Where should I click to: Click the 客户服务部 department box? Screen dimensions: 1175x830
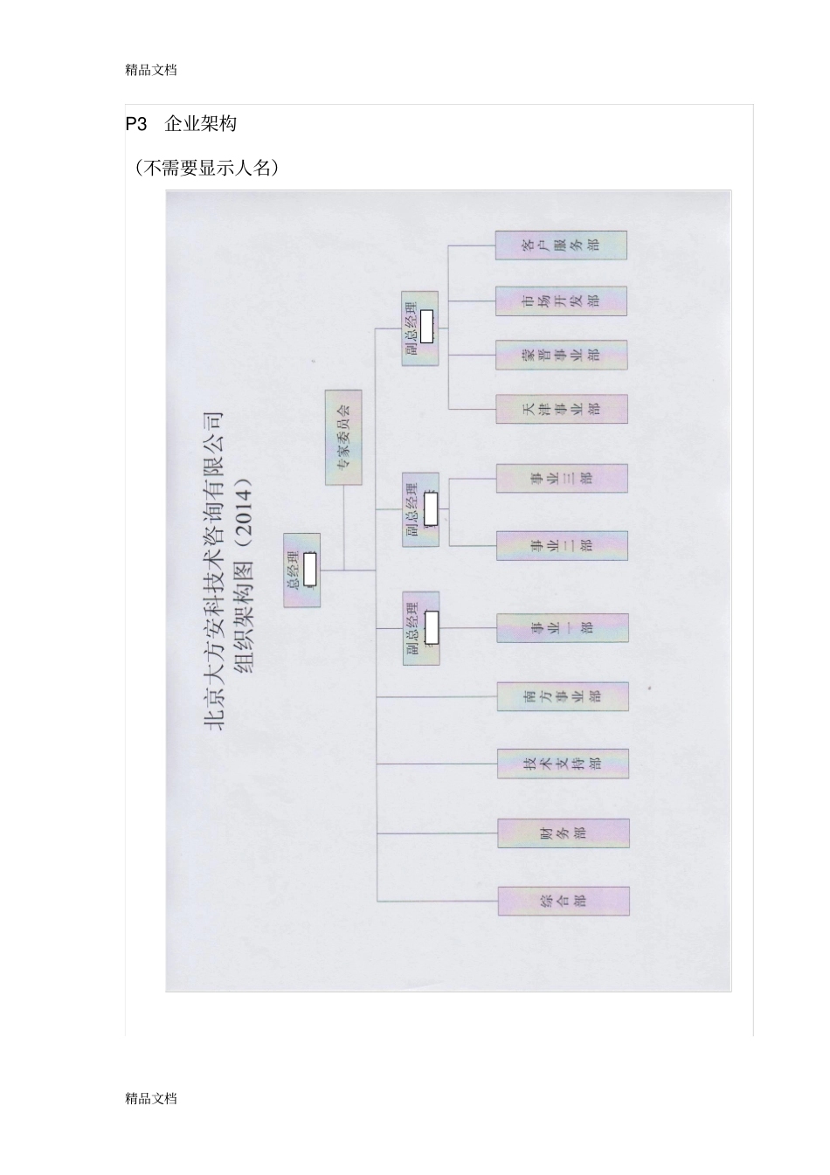pos(561,245)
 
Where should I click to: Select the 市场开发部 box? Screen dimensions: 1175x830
pos(561,301)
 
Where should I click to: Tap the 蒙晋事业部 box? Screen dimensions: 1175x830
pos(561,355)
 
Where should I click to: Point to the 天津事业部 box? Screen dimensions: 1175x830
pos(561,409)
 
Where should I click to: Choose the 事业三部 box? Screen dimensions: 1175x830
pos(562,478)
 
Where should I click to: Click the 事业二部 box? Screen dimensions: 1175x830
pos(562,545)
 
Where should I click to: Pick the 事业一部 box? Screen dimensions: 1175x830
pos(562,628)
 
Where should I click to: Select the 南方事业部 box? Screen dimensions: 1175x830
pos(563,696)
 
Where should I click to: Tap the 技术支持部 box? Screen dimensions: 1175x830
pos(563,764)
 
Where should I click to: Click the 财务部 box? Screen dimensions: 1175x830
pos(564,833)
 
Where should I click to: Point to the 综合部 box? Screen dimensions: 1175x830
pos(564,901)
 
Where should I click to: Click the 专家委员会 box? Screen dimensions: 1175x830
pos(343,438)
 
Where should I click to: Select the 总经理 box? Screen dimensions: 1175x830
pos(301,570)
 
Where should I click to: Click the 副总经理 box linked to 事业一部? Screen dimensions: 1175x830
pos(420,628)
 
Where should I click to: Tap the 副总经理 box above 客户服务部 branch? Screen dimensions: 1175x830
pos(420,328)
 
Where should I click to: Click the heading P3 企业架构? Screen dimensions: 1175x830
pos(181,124)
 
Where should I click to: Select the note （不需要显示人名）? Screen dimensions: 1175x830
pos(207,168)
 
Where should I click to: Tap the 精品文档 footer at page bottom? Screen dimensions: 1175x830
pos(151,1098)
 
